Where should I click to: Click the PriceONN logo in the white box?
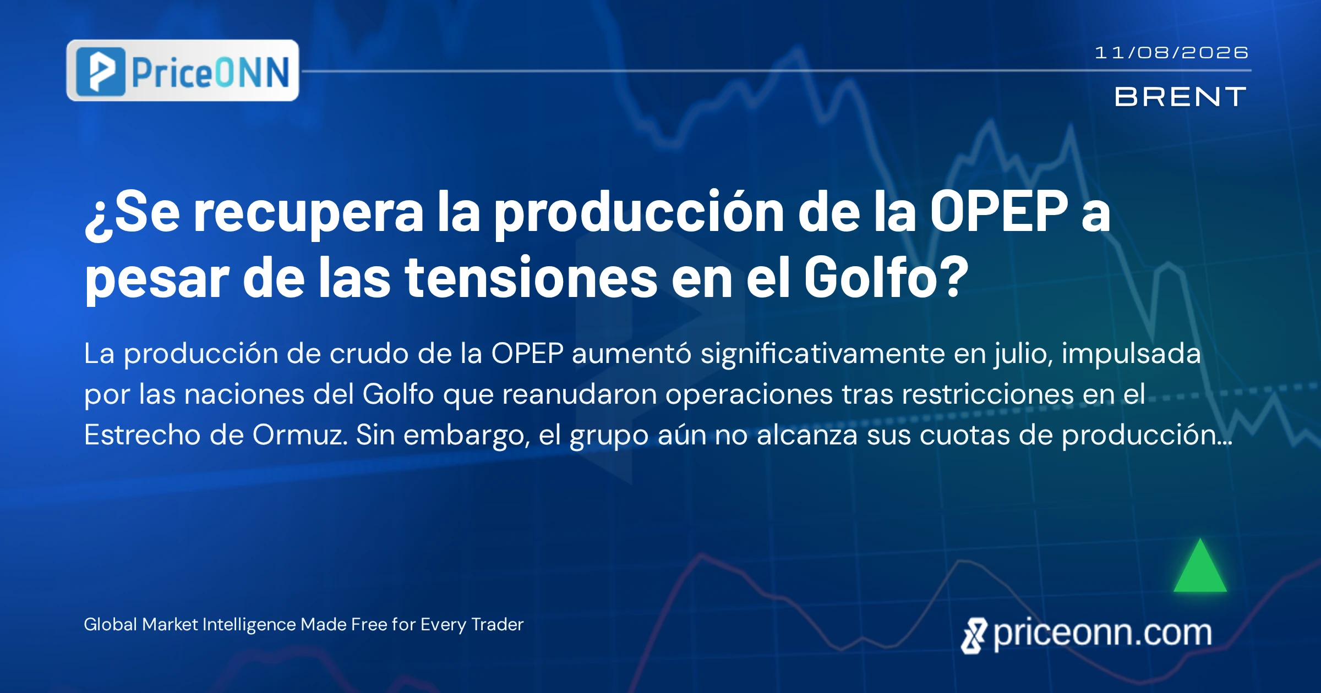point(183,70)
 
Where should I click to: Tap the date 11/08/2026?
point(1171,53)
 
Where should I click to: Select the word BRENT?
point(1180,97)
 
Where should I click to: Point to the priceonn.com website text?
point(1102,634)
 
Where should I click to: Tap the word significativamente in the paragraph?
point(823,354)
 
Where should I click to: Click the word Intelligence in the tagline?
point(250,625)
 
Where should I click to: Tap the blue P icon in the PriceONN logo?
point(101,71)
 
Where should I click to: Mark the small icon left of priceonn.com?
point(974,636)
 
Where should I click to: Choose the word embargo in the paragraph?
point(467,436)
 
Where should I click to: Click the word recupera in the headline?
point(309,215)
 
